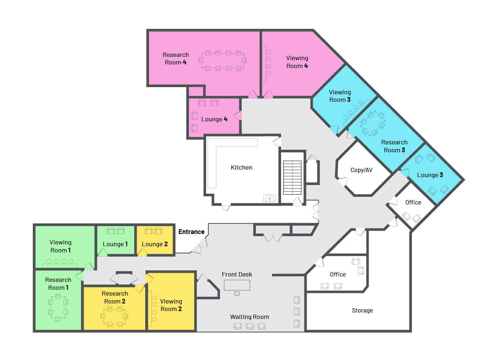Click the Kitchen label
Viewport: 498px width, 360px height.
point(241,167)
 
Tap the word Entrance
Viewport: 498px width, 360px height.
point(191,232)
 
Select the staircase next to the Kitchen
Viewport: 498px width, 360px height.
point(292,178)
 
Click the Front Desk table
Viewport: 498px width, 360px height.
point(237,285)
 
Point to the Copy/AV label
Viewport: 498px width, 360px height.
point(361,170)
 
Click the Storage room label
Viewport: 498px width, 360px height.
point(362,310)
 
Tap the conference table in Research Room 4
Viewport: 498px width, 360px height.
point(223,60)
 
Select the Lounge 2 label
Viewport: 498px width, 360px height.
point(155,244)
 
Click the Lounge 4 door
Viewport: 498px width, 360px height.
point(238,116)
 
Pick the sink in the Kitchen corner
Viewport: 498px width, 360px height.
point(270,198)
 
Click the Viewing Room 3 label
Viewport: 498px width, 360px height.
point(340,96)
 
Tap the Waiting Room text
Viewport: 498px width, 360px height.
point(249,317)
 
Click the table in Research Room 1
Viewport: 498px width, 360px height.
point(58,308)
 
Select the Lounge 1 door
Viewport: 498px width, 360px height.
point(102,253)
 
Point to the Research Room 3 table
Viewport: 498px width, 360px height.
point(373,124)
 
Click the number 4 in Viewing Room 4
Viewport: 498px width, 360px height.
point(306,66)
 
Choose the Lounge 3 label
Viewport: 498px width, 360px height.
point(430,175)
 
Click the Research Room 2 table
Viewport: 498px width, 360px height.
point(114,316)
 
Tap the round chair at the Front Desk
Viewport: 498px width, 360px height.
point(237,294)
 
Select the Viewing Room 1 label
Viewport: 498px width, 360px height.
point(60,246)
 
